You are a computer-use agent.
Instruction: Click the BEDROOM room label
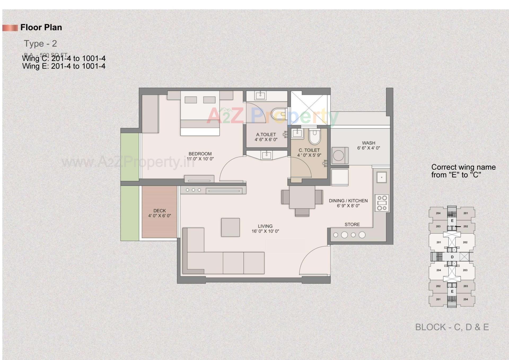click(x=200, y=154)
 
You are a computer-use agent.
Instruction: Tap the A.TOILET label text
click(x=266, y=135)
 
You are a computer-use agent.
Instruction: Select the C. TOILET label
click(x=309, y=150)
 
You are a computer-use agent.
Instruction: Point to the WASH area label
click(x=368, y=143)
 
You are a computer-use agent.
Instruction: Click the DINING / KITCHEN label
click(x=348, y=201)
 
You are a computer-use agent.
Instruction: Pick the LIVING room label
click(x=265, y=226)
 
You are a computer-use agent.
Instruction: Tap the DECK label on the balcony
click(x=159, y=211)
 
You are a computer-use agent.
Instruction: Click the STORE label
click(x=352, y=224)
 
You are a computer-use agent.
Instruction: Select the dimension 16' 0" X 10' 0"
click(x=265, y=231)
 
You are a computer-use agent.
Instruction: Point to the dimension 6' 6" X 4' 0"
click(x=368, y=148)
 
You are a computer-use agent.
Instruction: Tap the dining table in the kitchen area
click(x=302, y=197)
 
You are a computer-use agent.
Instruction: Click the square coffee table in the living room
click(x=230, y=227)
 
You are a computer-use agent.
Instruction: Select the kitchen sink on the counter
click(x=381, y=177)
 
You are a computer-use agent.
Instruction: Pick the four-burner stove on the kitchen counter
click(x=382, y=203)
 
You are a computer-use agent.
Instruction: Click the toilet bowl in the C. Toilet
click(x=314, y=137)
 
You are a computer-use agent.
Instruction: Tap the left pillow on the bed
click(x=191, y=100)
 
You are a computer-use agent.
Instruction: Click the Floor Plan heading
click(x=41, y=27)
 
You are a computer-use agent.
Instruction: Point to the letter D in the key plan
click(x=452, y=257)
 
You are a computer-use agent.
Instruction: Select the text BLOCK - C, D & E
click(x=452, y=327)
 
